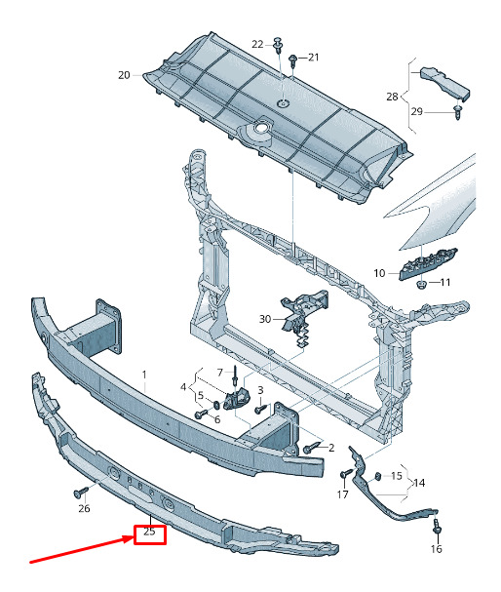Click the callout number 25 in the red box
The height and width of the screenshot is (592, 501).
149,532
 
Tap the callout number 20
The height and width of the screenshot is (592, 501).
124,75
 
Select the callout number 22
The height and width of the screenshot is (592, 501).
257,44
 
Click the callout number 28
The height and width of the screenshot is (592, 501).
392,97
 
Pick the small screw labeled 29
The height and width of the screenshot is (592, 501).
458,112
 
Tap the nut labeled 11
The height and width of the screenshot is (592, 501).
421,284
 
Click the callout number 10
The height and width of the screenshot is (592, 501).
379,273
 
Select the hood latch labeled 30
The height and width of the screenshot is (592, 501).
304,313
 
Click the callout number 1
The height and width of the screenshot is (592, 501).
144,375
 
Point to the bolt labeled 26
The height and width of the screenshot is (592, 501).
80,493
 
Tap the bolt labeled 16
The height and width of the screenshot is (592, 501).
437,527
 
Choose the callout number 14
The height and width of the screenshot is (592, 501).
419,483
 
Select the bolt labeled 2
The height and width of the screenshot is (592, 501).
311,449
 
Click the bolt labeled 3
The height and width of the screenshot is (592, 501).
261,409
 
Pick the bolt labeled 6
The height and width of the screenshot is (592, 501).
201,414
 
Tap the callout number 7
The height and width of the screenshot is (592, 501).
220,373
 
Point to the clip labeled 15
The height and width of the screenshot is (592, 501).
377,476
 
